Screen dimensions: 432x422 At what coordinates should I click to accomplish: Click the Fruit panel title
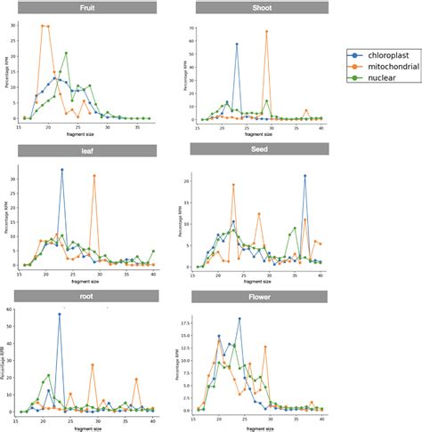87,8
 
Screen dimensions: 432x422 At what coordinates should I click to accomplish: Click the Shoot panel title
259,8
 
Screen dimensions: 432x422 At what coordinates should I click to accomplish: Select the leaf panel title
87,150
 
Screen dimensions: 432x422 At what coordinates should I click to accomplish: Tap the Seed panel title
259,149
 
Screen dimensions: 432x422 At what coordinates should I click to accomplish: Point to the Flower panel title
259,295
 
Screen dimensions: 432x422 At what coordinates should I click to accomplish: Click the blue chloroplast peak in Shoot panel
237,44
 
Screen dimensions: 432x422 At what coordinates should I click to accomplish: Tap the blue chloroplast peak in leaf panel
61,170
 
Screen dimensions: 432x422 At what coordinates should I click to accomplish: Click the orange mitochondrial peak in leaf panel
94,176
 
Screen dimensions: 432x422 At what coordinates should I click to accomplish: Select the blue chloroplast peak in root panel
60,314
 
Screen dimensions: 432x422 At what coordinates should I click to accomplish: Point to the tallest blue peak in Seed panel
304,176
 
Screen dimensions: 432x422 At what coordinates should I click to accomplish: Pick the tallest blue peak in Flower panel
239,318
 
